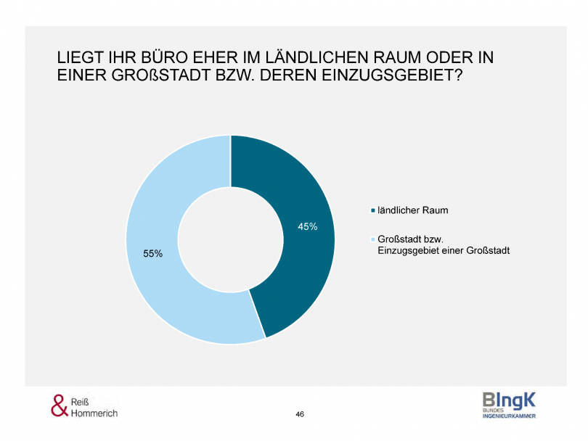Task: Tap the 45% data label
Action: [x=308, y=227]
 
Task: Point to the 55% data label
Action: [x=153, y=254]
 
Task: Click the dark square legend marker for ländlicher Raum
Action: [x=373, y=211]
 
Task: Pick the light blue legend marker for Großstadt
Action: [x=373, y=239]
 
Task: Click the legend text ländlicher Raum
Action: [x=412, y=210]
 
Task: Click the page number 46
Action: [x=300, y=413]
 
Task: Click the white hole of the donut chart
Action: [x=230, y=239]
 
